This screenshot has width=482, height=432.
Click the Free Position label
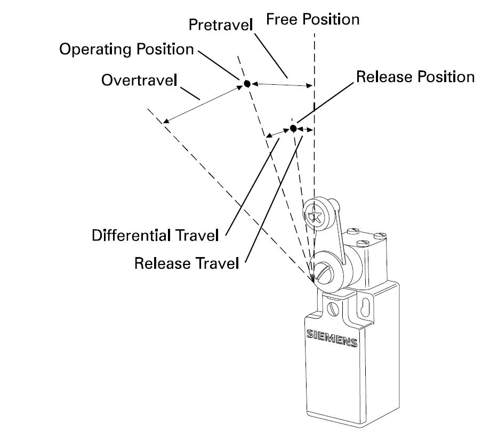pos(312,20)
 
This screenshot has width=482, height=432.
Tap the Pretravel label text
pos(220,25)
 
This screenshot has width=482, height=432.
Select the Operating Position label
pos(126,50)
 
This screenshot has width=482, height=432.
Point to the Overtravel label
pos(140,80)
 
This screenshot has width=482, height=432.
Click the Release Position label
pos(415,77)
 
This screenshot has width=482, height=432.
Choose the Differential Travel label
pos(156,235)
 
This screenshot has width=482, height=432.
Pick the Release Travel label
pos(186,263)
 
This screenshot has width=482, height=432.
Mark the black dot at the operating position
pos(247,83)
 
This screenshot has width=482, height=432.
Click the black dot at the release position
pos(293,129)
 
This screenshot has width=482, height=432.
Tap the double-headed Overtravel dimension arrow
pos(203,103)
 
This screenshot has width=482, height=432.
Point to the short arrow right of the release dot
pos(306,129)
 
